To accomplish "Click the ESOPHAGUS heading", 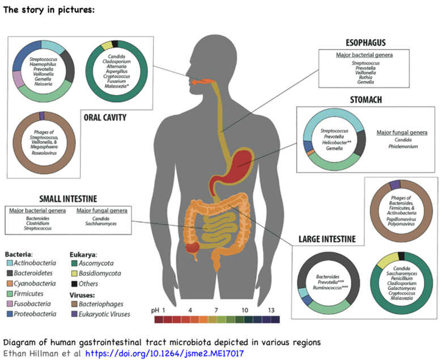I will pos(366,43).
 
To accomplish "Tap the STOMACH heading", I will pos(365,100).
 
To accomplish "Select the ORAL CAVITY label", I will pos(105,118).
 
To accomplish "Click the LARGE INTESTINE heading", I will pos(327,239).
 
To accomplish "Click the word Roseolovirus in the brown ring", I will pos(41,152).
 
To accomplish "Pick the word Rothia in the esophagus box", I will pos(365,77).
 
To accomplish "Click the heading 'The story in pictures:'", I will pos(49,10).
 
